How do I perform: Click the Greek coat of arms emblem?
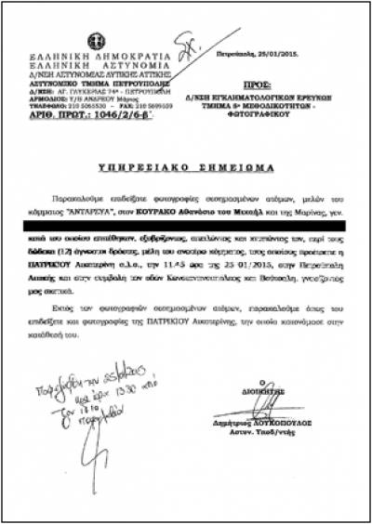(x=95, y=42)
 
